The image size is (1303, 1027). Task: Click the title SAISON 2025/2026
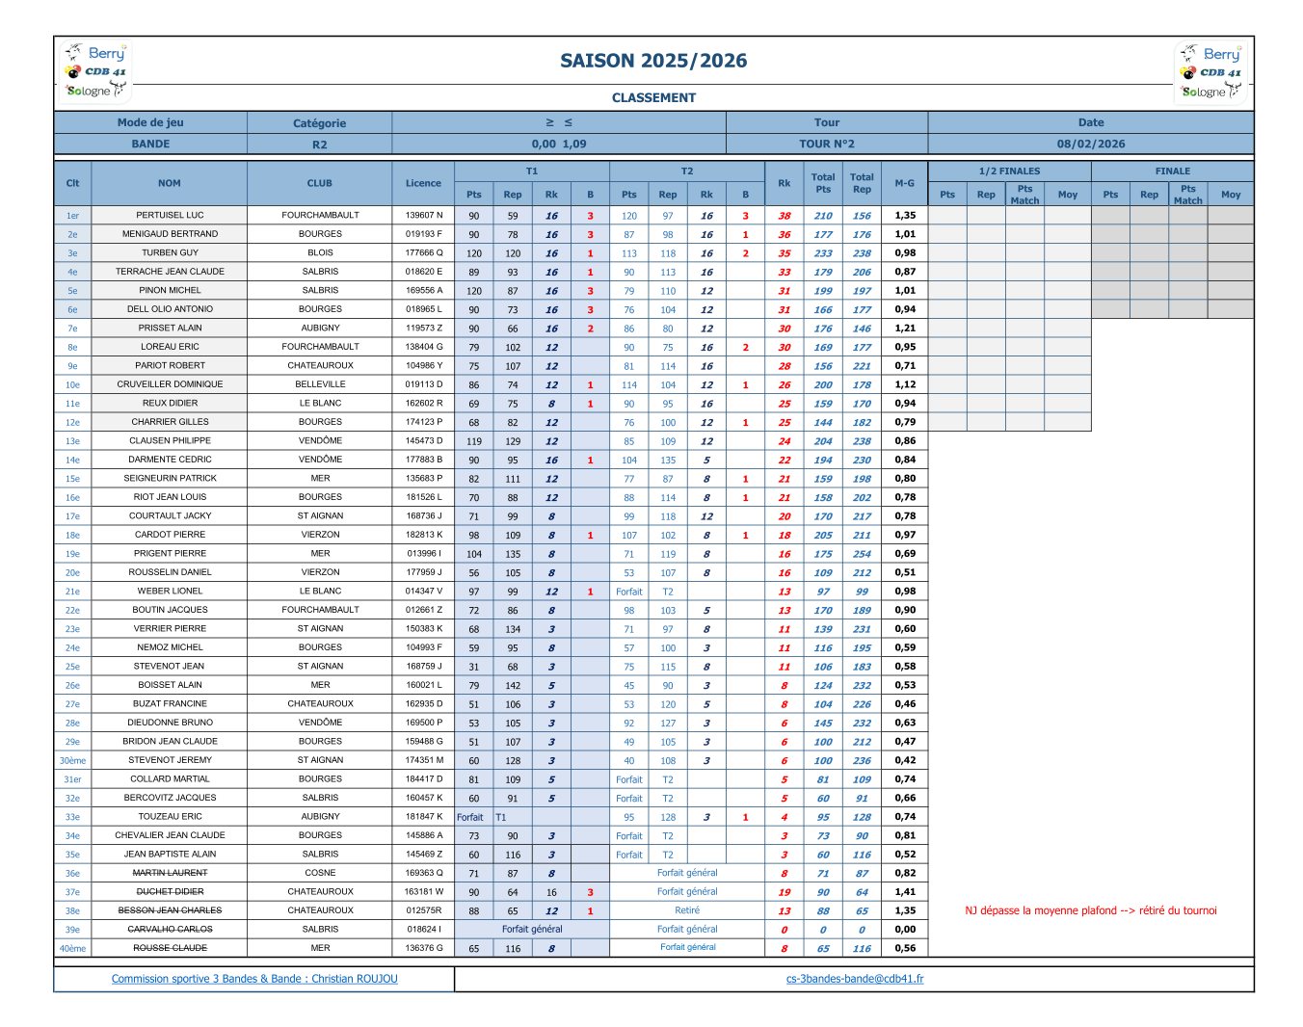coord(653,61)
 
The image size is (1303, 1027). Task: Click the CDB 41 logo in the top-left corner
coord(95,71)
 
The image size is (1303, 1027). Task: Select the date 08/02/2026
coord(1090,145)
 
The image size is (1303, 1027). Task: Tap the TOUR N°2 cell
coord(826,145)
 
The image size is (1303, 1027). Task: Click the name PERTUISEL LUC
coord(170,216)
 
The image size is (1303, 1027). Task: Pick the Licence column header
coord(423,183)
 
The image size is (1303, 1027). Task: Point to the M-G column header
coord(904,183)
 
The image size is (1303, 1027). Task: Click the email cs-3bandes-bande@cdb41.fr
coord(854,979)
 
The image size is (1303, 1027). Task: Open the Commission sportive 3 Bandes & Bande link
coord(254,979)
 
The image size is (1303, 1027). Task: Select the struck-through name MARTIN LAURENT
coord(170,873)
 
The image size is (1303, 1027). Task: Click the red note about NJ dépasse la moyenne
coord(1090,910)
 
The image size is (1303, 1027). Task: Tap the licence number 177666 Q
coord(423,253)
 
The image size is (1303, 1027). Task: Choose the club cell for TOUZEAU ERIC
coord(320,817)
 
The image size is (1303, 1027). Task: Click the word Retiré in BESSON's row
coord(687,910)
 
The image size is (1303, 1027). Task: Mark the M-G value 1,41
coord(904,892)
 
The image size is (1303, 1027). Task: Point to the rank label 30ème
coord(72,760)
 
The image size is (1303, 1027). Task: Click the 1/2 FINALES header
coord(1009,171)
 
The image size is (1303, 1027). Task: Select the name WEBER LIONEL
coord(170,592)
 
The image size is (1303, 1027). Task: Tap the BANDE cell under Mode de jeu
coord(150,145)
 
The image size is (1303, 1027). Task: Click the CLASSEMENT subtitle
coord(653,97)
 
